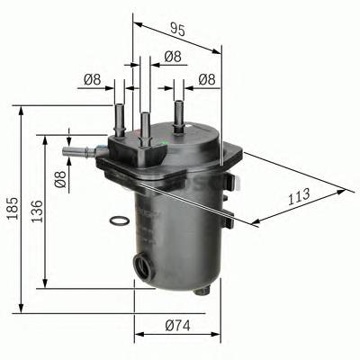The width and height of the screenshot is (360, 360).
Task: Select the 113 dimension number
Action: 299,194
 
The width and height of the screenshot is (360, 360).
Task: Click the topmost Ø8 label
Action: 173,60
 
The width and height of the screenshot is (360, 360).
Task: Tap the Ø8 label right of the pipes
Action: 207,80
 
